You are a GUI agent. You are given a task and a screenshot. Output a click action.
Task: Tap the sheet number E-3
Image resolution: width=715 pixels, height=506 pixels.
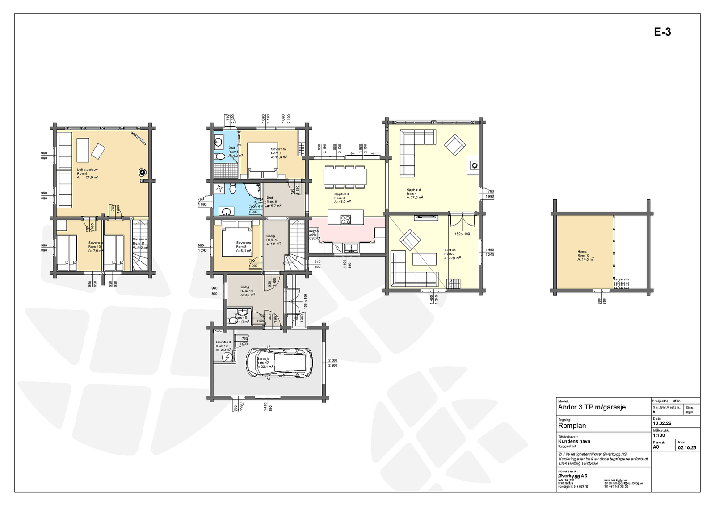[x=662, y=32]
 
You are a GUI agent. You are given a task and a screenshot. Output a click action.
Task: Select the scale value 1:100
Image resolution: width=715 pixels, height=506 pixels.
[x=659, y=435]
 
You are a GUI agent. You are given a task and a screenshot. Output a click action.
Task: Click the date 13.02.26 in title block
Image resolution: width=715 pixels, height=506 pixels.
[x=662, y=423]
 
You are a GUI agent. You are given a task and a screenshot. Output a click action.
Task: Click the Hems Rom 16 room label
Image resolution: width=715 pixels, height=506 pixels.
[x=585, y=255]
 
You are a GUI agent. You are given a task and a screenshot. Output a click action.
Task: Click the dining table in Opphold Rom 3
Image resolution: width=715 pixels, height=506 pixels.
[x=345, y=176]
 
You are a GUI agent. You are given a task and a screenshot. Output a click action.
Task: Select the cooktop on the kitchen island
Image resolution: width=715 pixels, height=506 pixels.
[x=345, y=219]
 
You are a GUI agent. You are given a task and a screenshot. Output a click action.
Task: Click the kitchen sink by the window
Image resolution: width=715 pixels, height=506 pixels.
[x=351, y=247]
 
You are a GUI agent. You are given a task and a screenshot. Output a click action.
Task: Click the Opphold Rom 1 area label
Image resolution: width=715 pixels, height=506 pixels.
[x=414, y=193]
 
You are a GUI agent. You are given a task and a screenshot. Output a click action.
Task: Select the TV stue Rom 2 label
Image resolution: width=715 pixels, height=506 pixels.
[x=451, y=254]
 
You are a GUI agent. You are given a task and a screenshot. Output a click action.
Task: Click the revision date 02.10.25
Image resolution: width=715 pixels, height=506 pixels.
[x=686, y=447]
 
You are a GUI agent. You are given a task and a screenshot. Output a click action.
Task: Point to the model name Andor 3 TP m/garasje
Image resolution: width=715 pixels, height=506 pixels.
[x=591, y=407]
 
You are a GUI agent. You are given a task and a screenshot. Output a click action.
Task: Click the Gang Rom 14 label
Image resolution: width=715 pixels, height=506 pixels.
[x=247, y=291]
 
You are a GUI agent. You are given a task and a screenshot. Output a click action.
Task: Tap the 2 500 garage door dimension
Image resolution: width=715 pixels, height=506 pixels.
[x=332, y=360]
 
